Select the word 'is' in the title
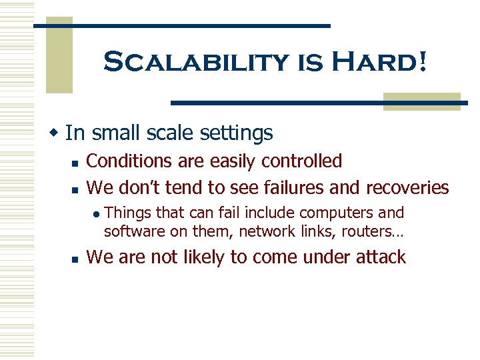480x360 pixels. pyautogui.click(x=306, y=64)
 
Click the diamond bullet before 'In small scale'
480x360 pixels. pyautogui.click(x=57, y=133)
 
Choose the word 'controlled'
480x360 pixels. pyautogui.click(x=301, y=161)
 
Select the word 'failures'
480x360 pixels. pyautogui.click(x=293, y=187)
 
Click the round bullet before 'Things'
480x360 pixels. pyautogui.click(x=96, y=214)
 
